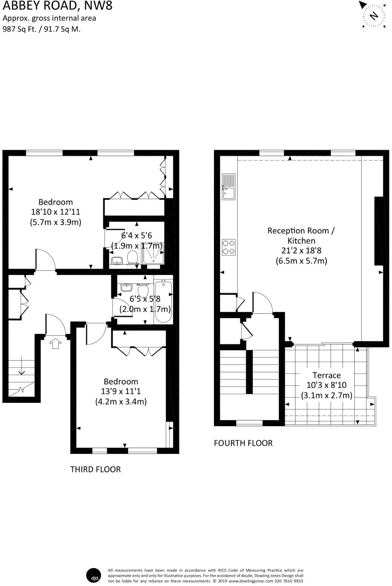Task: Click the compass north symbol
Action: click(374, 15)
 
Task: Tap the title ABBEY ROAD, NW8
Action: click(58, 6)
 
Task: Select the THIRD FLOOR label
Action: click(95, 469)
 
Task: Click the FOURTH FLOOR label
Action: click(243, 443)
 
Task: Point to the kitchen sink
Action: click(228, 187)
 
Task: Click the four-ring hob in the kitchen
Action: click(228, 247)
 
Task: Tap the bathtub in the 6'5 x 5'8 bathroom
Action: click(163, 301)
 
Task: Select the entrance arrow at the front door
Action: click(55, 343)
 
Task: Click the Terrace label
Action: click(326, 375)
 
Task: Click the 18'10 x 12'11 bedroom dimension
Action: click(55, 212)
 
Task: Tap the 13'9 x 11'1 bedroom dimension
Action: click(121, 391)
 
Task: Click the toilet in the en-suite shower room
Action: click(132, 258)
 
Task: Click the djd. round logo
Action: click(94, 575)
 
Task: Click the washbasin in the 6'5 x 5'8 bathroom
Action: click(126, 288)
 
